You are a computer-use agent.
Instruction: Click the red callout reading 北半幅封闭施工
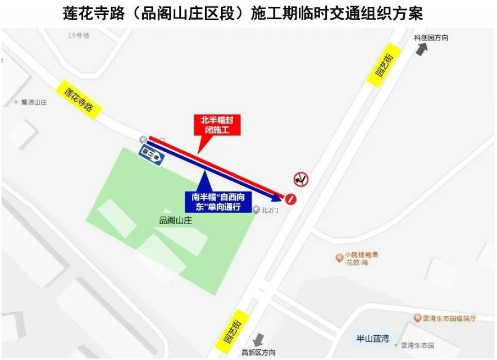click(217, 125)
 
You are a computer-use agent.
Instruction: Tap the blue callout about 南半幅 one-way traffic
click(218, 202)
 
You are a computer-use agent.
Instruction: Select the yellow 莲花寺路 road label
click(79, 99)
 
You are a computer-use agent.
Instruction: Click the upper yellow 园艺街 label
click(385, 65)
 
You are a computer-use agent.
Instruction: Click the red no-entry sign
click(290, 198)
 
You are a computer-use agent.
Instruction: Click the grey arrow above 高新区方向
click(258, 340)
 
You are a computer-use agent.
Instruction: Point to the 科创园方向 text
click(431, 38)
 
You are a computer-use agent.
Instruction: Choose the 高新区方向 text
click(258, 352)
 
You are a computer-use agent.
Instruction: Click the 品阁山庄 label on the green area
click(175, 220)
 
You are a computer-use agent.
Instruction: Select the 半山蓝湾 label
click(372, 338)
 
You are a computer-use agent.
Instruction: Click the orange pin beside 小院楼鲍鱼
click(339, 258)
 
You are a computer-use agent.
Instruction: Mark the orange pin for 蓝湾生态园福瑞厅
click(417, 318)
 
